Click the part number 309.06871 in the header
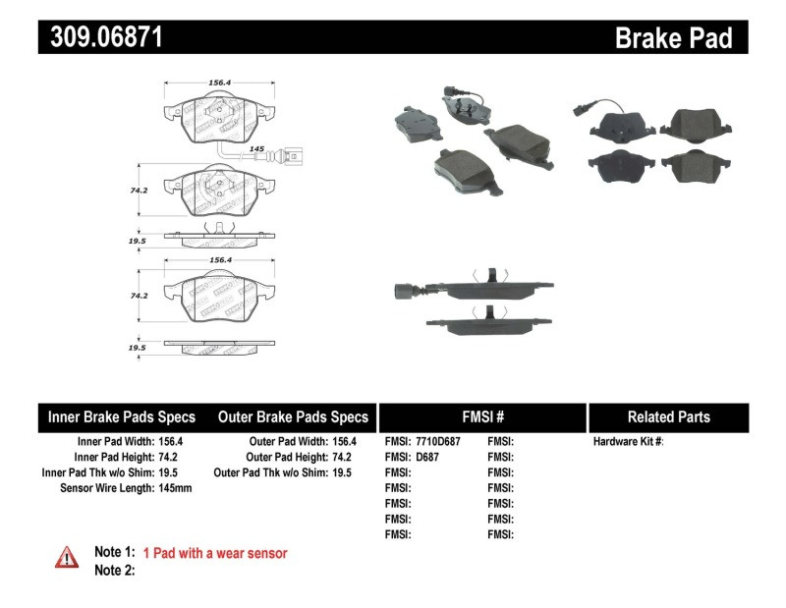[100, 37]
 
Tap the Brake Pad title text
[673, 38]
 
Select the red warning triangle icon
[67, 557]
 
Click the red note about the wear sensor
[214, 553]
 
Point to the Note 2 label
[114, 570]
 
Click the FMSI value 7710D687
[436, 442]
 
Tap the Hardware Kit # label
[628, 442]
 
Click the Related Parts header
[668, 416]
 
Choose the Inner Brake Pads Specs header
[122, 416]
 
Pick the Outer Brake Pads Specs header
[293, 416]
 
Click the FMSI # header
[482, 416]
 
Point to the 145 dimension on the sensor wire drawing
[256, 148]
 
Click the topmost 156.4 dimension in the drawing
[221, 83]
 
